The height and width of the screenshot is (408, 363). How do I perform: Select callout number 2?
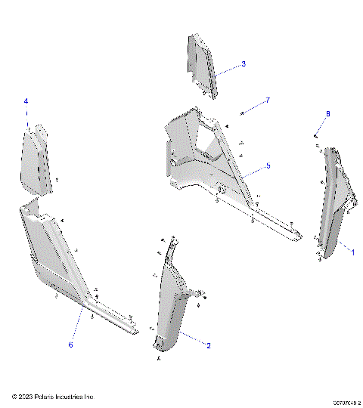[208, 345]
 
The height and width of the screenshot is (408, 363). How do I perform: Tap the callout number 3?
[244, 64]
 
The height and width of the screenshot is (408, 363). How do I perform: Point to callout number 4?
[26, 101]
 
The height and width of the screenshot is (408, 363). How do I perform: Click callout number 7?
[266, 100]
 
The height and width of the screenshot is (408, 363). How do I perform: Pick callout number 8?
[327, 113]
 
